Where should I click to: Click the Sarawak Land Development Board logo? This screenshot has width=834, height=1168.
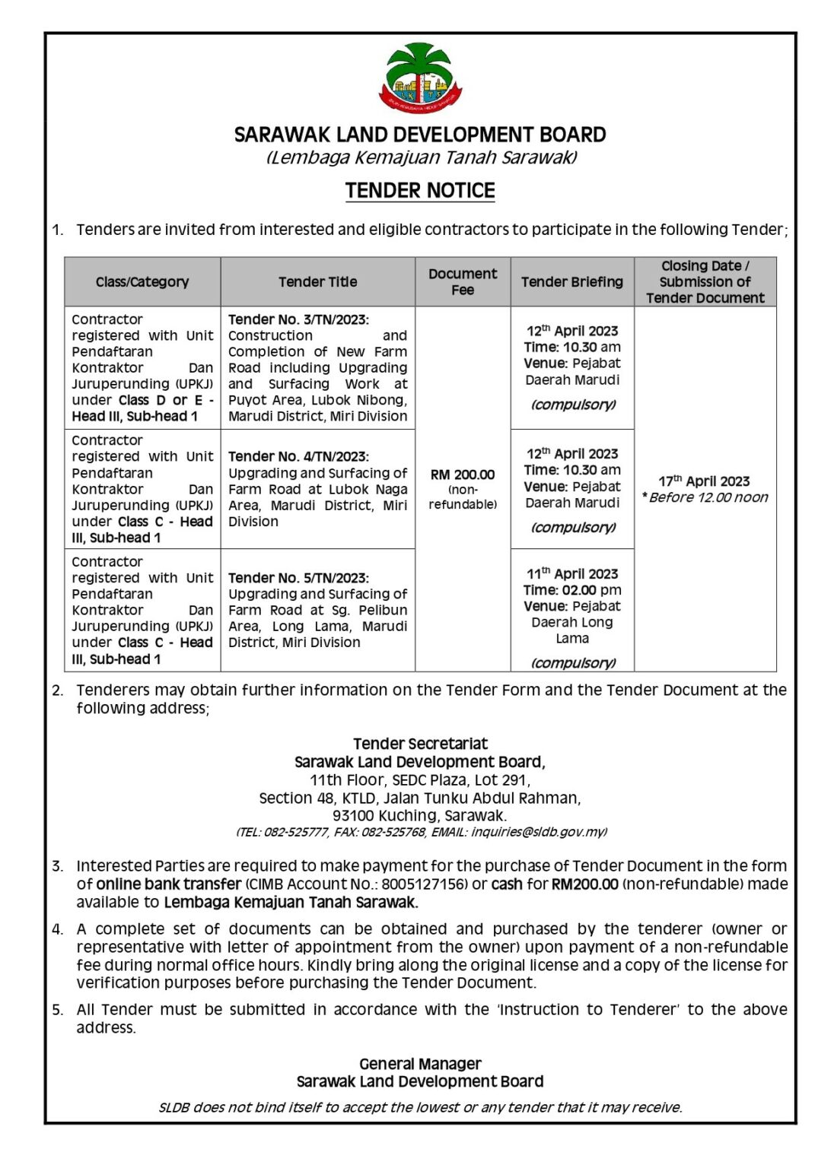[x=420, y=77]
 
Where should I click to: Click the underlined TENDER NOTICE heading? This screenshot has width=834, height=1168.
[x=420, y=190]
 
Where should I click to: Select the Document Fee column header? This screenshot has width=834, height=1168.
[x=462, y=281]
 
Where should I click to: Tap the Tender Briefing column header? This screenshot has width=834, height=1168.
[x=571, y=281]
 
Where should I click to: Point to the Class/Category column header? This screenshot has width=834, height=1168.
[x=142, y=281]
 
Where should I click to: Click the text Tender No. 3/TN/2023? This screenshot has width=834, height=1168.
[x=298, y=319]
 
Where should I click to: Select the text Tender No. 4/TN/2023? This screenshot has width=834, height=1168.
[x=298, y=456]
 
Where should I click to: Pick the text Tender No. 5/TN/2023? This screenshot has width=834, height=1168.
[x=298, y=578]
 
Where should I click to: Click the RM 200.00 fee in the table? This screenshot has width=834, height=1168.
[x=462, y=474]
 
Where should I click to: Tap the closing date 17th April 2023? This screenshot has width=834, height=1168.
[x=704, y=481]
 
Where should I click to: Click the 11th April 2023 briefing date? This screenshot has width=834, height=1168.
[x=572, y=573]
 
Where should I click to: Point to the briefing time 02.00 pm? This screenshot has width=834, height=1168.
[x=591, y=590]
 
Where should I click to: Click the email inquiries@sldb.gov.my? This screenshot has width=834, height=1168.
[x=539, y=832]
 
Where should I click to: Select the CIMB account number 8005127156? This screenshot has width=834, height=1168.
[x=425, y=884]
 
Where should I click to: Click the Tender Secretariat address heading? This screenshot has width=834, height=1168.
[x=420, y=744]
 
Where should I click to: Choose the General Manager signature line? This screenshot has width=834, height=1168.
[x=420, y=1064]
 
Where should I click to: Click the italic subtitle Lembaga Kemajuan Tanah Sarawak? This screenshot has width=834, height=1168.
[x=421, y=157]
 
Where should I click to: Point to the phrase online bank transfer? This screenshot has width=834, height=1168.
[x=169, y=884]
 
